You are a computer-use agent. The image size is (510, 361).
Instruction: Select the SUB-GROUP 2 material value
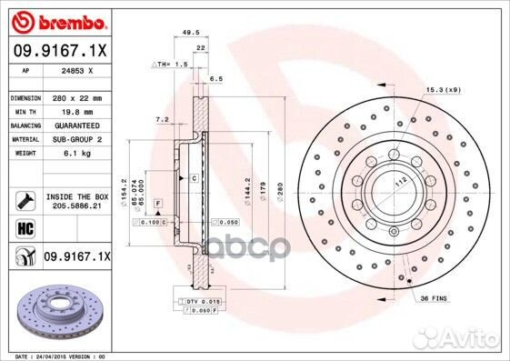point(75,140)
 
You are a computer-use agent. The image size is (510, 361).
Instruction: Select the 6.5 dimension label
point(216,79)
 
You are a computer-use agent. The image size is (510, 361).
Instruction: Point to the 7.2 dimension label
point(163,119)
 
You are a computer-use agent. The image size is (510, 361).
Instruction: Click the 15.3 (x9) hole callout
point(443,90)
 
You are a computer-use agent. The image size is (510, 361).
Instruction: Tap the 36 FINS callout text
point(433,298)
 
